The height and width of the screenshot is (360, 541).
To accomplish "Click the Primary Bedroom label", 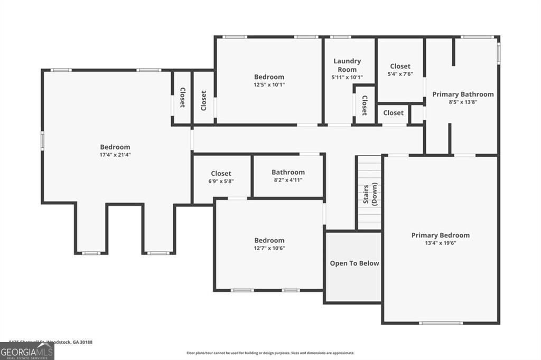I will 440,235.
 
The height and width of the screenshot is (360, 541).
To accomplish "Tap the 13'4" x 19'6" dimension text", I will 440,243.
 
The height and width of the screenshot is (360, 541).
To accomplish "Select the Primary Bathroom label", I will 463,94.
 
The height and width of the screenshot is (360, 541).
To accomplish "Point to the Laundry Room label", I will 347,65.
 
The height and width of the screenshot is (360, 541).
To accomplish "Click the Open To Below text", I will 354,263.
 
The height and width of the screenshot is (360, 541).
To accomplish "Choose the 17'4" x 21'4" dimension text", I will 115,155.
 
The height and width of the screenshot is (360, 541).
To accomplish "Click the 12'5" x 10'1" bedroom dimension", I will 269,84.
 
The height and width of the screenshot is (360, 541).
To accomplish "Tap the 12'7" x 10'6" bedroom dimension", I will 269,248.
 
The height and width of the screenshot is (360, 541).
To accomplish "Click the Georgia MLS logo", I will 27,352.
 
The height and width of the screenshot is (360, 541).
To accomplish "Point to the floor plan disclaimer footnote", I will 270,353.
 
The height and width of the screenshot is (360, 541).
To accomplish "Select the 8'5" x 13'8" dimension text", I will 463,102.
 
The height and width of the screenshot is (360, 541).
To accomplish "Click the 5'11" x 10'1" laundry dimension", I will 347,78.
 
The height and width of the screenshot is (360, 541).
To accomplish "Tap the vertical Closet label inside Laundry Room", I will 364,106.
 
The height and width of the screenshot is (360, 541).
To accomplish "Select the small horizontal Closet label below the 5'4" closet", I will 393,113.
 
